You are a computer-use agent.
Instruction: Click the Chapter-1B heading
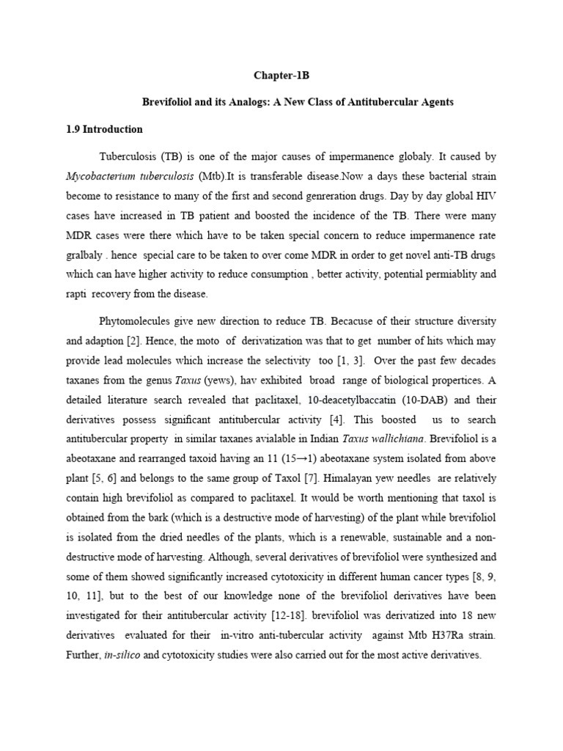point(281,75)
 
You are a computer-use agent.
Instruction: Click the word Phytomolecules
point(138,321)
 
